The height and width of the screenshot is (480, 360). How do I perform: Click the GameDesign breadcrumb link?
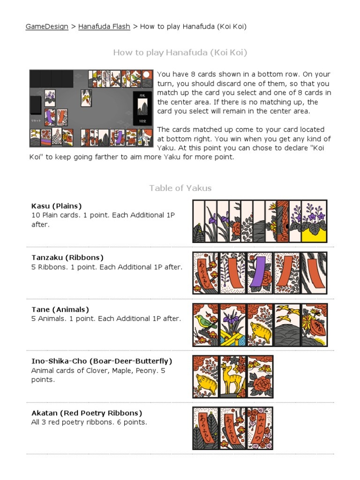(x=46, y=26)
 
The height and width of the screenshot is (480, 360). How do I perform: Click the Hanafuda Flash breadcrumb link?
(x=104, y=26)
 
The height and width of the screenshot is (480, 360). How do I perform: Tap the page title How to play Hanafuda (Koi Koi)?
(x=180, y=53)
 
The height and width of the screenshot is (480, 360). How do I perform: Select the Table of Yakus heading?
(x=180, y=188)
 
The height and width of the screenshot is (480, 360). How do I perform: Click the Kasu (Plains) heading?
(x=56, y=206)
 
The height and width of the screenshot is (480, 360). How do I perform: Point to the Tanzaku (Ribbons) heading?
(x=67, y=258)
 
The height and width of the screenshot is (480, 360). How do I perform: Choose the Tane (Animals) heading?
(x=60, y=310)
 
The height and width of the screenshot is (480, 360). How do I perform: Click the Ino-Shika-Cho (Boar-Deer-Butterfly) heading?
(x=102, y=361)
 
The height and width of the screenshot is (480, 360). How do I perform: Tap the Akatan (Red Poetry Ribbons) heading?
(x=87, y=413)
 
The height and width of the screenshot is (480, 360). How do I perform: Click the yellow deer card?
(x=233, y=376)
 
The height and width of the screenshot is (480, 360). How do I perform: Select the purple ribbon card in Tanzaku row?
(x=260, y=273)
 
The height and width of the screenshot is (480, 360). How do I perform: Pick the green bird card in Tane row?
(x=206, y=325)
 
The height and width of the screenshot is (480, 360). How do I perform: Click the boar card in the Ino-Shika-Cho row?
(x=206, y=376)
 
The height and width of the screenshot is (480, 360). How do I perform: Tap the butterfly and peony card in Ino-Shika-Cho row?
(x=260, y=376)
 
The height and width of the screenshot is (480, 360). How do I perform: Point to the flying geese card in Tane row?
(x=287, y=325)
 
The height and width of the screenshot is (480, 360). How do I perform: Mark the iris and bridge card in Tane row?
(x=233, y=325)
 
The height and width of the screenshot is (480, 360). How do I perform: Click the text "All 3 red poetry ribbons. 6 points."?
(x=89, y=422)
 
